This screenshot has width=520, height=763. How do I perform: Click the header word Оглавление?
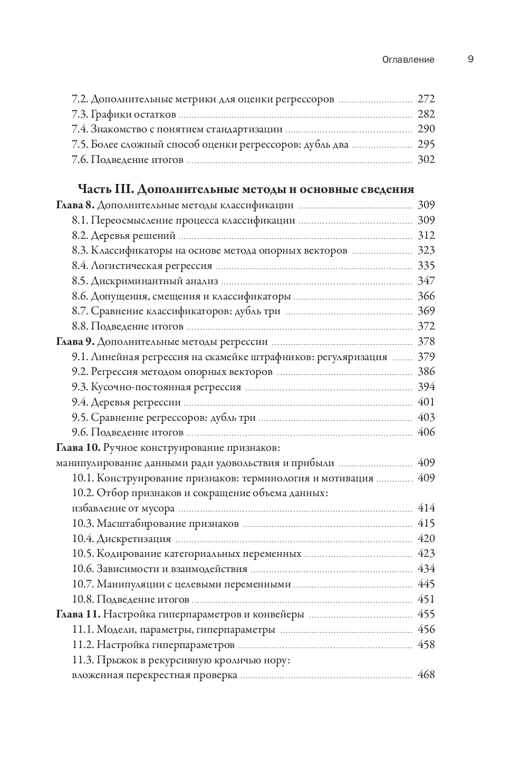pos(408,60)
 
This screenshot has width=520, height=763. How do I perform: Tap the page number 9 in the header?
pos(470,59)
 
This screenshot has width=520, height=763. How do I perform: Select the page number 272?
pos(426,99)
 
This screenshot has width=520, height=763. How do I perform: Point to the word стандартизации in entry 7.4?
pos(249,129)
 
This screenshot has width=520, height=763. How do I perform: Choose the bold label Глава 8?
pos(75,205)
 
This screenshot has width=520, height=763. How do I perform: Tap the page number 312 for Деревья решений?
pos(426,236)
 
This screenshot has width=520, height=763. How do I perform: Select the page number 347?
pos(426,281)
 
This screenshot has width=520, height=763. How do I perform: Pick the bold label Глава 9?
pos(75,342)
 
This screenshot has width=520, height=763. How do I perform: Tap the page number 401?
pos(426,402)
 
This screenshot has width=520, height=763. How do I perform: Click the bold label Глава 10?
pos(78,448)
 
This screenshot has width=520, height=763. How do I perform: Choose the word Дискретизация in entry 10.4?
pos(134,539)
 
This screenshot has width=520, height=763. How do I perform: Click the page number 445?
pos(426,584)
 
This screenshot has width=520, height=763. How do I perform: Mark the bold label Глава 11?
pos(78,614)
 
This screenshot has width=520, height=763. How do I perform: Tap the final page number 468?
pos(426,675)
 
